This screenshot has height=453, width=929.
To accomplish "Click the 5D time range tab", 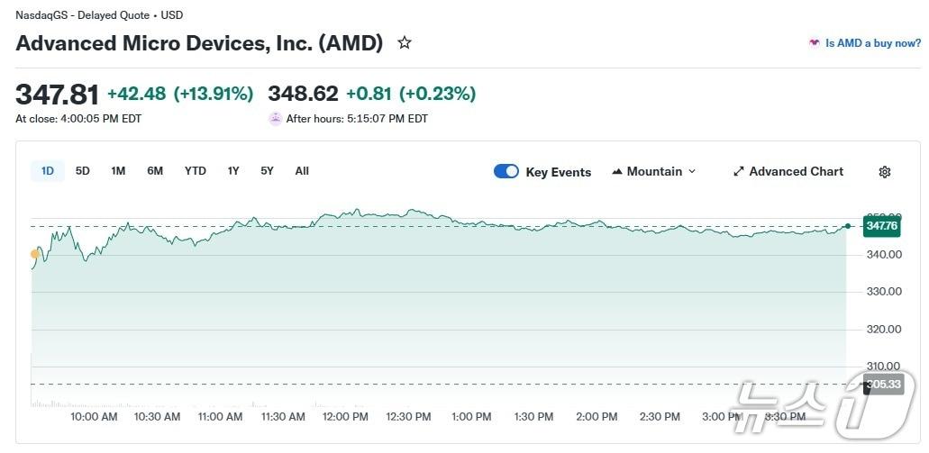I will pyautogui.click(x=83, y=171).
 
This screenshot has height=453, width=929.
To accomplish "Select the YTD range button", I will pyautogui.click(x=196, y=171).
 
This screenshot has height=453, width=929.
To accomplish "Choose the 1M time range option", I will pyautogui.click(x=118, y=171).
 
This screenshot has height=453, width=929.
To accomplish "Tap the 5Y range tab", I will pyautogui.click(x=267, y=171).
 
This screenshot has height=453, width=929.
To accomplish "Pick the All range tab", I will pyautogui.click(x=302, y=171).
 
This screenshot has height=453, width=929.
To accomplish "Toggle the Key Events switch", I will pyautogui.click(x=506, y=171).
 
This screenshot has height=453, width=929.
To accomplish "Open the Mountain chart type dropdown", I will pyautogui.click(x=654, y=171).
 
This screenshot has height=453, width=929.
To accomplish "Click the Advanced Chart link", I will pyautogui.click(x=788, y=171).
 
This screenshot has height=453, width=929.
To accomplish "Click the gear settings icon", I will pyautogui.click(x=885, y=172).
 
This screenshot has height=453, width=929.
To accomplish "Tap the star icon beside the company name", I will pyautogui.click(x=405, y=42).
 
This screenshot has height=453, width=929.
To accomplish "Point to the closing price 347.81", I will pyautogui.click(x=57, y=95).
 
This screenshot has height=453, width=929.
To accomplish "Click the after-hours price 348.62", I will pyautogui.click(x=303, y=94).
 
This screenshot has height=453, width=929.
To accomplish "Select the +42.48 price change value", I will pyautogui.click(x=136, y=94).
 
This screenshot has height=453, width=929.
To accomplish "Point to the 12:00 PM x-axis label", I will pyautogui.click(x=346, y=417).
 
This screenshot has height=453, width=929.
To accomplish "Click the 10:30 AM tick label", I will pyautogui.click(x=157, y=417).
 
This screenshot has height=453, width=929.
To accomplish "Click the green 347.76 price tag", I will pyautogui.click(x=882, y=226).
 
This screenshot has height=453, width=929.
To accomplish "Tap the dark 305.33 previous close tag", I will pyautogui.click(x=882, y=385).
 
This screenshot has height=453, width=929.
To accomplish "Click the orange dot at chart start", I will pyautogui.click(x=35, y=254).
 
